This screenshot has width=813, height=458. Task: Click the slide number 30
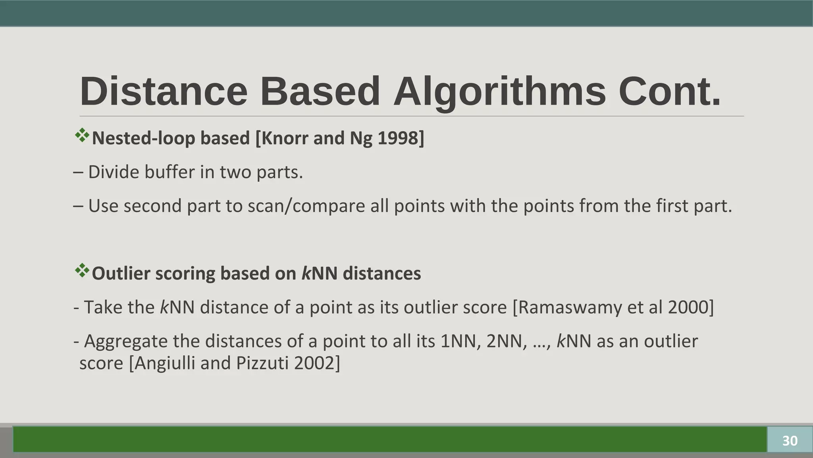(790, 441)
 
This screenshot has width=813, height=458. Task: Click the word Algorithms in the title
(499, 92)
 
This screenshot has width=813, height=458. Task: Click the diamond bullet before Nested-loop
(82, 136)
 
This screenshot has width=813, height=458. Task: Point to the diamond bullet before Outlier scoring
(82, 271)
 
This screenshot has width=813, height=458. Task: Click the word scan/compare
(306, 206)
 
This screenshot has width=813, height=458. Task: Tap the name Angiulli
(165, 363)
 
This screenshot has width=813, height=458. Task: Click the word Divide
(113, 172)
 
